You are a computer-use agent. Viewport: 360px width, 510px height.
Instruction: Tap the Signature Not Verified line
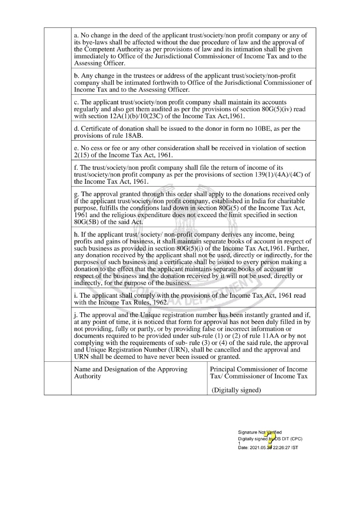coord(260,432)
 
